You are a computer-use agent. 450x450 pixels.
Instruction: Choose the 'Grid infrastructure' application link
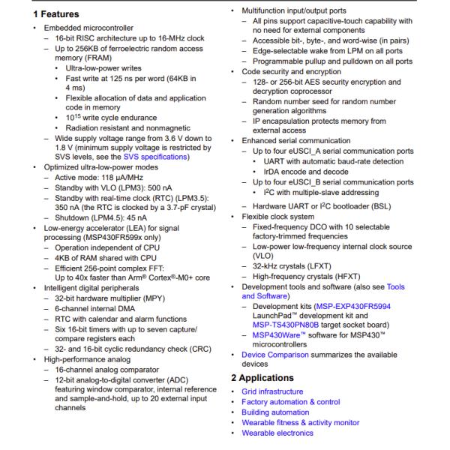272,391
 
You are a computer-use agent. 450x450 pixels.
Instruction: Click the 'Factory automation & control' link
291,402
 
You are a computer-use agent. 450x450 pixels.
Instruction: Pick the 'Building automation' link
275,412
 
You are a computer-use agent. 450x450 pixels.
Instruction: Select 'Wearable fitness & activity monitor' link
300,423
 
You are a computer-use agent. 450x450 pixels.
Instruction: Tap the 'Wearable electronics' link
277,433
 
